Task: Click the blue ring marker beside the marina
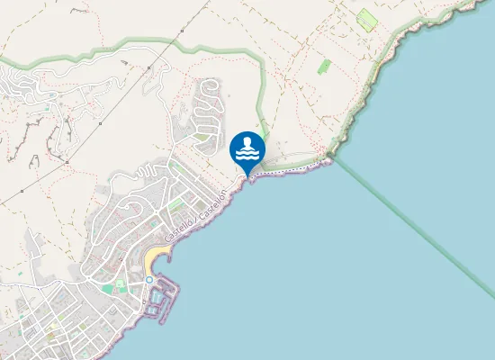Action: [149, 280]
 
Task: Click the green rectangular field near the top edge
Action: [366, 18]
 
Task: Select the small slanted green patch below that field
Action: [324, 66]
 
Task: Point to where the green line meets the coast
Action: [330, 158]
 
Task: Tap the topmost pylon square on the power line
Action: [182, 31]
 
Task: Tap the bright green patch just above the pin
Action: [264, 132]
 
